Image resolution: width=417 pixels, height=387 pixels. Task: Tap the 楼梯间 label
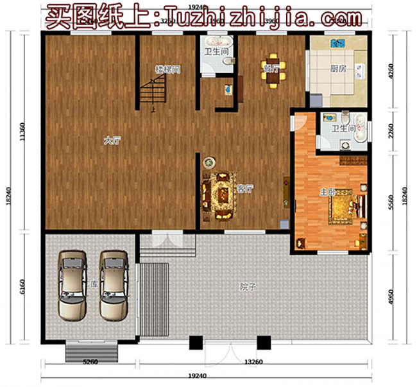[166, 68]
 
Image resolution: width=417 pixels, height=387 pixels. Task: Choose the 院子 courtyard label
[248, 287]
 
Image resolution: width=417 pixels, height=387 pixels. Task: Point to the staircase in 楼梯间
[153, 90]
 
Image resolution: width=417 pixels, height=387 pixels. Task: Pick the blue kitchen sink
[337, 44]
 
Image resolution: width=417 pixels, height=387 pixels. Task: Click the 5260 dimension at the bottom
[90, 363]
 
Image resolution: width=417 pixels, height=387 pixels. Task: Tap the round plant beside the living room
[208, 162]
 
